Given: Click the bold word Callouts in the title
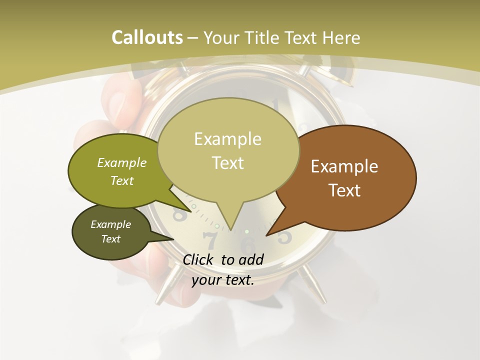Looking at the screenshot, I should [x=147, y=37].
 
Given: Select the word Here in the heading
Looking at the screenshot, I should [x=341, y=37].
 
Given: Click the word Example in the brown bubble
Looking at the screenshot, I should [x=344, y=166].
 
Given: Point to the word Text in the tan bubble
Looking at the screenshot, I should [x=228, y=163].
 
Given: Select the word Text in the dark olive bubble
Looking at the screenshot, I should [x=111, y=239].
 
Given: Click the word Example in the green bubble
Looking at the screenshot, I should [x=122, y=162].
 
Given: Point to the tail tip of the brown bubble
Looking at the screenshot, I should [x=267, y=234].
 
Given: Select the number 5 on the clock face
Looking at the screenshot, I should [x=284, y=236].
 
